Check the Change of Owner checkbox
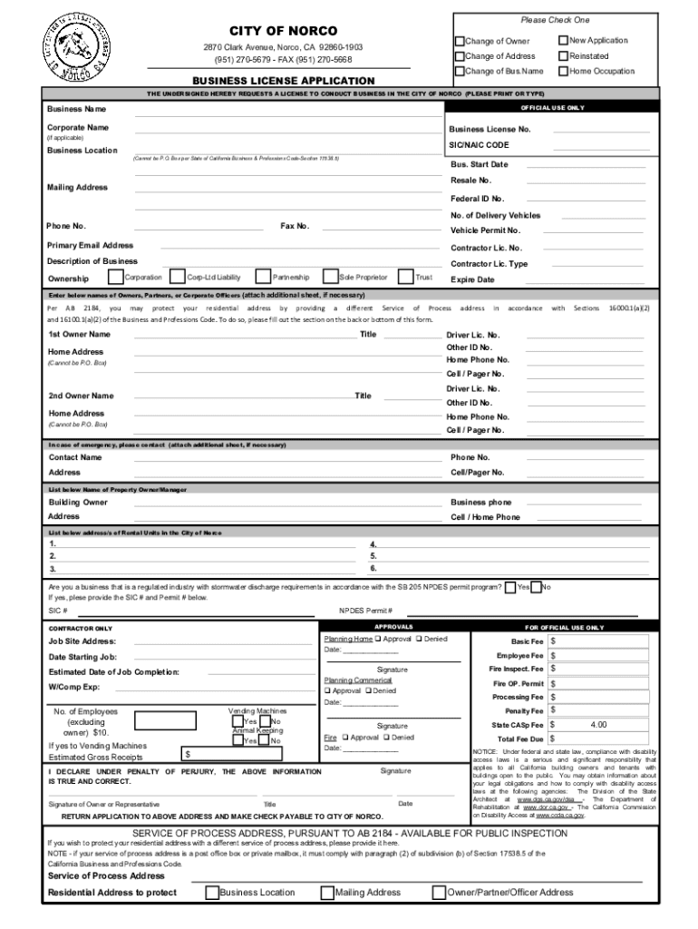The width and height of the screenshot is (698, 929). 460,41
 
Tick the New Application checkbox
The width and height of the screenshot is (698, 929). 563,41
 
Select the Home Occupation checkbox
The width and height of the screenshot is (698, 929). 563,71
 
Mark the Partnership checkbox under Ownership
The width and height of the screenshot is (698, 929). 264,277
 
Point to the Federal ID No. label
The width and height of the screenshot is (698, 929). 478,199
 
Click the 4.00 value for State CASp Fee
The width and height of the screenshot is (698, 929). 598,725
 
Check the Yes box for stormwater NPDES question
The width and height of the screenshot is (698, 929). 511,587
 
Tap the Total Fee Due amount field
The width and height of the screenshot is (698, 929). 598,739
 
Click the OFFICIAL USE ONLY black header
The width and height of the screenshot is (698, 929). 563,107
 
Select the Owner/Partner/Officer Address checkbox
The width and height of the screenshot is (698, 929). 440,893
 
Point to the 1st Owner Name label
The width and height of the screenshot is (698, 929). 79,334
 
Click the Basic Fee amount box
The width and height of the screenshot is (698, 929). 598,641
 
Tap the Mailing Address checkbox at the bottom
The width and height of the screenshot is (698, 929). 326,893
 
